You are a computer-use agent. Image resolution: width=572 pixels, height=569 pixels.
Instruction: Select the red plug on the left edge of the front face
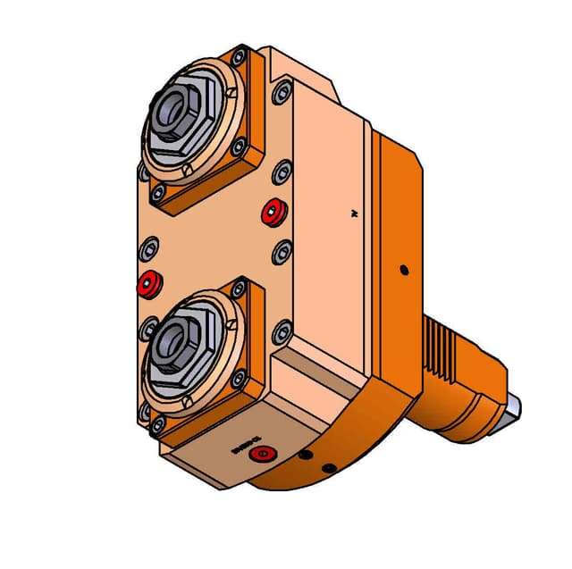tap(148, 285)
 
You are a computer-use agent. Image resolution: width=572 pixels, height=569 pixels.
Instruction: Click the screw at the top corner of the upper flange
tap(238, 58)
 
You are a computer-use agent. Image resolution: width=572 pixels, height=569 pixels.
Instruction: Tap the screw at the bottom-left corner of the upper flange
tap(158, 193)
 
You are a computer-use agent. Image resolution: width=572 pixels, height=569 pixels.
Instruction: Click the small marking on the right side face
tap(354, 213)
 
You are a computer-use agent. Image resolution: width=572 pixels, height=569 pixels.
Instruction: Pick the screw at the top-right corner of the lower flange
tap(239, 289)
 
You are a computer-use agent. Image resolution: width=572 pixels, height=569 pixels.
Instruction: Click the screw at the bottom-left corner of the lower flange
tap(158, 425)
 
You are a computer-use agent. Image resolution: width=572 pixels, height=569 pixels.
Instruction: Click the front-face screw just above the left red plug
tap(151, 245)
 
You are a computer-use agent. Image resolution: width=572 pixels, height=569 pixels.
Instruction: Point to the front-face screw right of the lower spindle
tap(282, 334)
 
